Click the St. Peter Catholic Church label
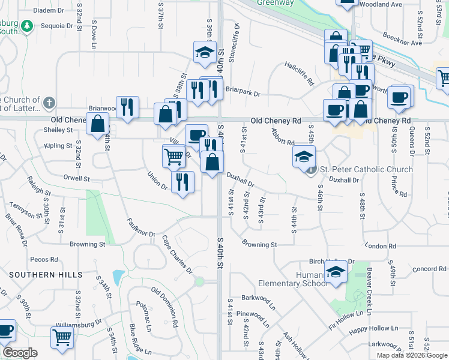point(366,170)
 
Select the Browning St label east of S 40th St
point(259,245)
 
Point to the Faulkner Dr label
point(142,226)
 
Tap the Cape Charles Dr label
point(176,255)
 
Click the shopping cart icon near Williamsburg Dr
point(62,338)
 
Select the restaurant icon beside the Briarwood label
point(127,107)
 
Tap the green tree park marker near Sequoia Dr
point(26,26)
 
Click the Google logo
point(20,353)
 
